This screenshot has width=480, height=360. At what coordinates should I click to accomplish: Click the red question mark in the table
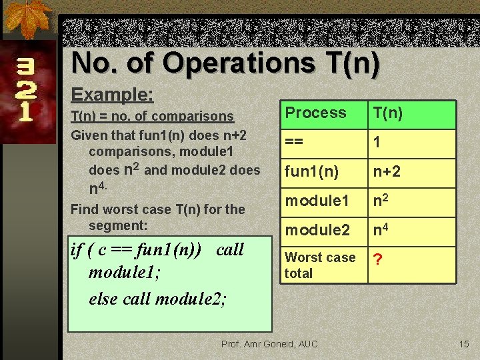(x=378, y=259)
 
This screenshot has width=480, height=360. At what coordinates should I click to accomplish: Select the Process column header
(x=315, y=113)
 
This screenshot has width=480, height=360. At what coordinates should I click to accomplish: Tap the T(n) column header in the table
(x=387, y=113)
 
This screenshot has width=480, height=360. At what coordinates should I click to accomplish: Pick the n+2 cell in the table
(x=387, y=171)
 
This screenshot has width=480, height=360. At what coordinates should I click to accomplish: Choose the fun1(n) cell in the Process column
(x=311, y=171)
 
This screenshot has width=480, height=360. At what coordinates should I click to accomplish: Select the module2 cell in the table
(x=317, y=230)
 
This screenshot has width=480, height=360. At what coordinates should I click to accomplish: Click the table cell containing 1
(x=377, y=142)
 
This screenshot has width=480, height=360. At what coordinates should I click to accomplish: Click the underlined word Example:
(x=112, y=94)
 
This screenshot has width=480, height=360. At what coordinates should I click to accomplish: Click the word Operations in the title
(x=239, y=63)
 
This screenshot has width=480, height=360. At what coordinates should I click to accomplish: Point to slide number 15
(x=464, y=343)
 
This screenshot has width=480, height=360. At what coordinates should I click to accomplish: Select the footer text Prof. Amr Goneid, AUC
(x=269, y=343)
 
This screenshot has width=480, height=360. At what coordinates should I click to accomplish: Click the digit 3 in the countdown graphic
(x=25, y=67)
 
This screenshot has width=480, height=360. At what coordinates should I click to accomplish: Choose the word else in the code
(x=103, y=298)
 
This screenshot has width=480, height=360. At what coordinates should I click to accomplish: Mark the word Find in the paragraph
(x=85, y=209)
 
